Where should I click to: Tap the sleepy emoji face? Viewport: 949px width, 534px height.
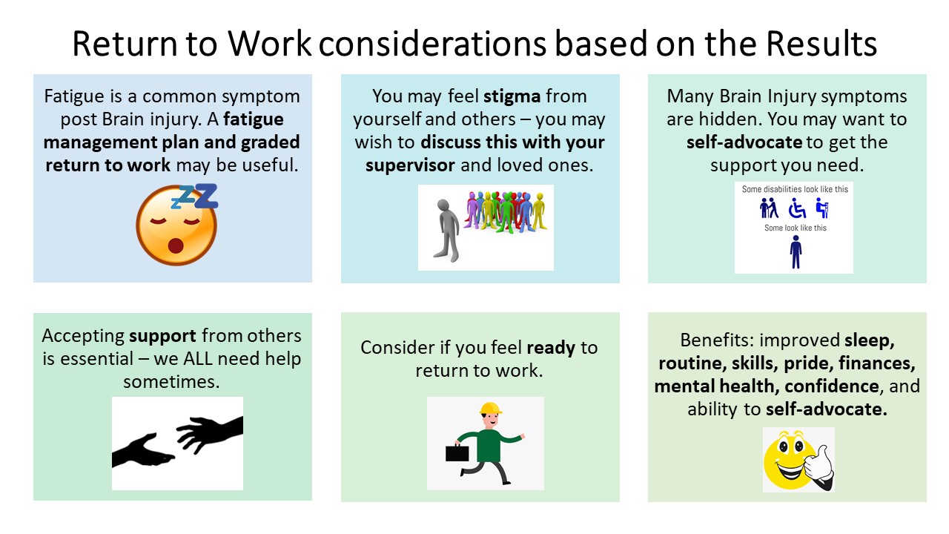click(x=176, y=225)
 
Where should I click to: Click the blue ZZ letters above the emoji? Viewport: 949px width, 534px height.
click(x=196, y=196)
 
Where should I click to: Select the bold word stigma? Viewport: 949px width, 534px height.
click(x=512, y=96)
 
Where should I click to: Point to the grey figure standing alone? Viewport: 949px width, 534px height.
click(x=446, y=230)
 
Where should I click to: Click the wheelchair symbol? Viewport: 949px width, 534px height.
click(x=797, y=209)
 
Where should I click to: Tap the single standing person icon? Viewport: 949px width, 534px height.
click(x=796, y=251)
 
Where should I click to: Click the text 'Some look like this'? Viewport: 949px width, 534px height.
click(x=796, y=228)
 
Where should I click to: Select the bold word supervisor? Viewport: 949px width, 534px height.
click(x=410, y=165)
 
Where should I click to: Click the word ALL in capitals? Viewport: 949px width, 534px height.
click(x=202, y=359)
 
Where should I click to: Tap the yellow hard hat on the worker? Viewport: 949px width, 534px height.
click(x=491, y=408)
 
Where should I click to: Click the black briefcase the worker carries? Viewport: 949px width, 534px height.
click(x=457, y=452)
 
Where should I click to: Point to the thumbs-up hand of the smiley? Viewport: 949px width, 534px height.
click(x=819, y=467)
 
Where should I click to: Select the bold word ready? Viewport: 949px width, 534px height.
click(x=551, y=349)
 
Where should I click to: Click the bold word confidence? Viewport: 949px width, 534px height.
click(x=832, y=386)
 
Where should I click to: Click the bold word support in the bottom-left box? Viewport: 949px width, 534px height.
click(x=162, y=337)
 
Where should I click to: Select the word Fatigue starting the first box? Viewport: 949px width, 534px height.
click(x=73, y=97)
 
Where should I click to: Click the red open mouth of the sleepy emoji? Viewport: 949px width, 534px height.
click(x=176, y=245)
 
